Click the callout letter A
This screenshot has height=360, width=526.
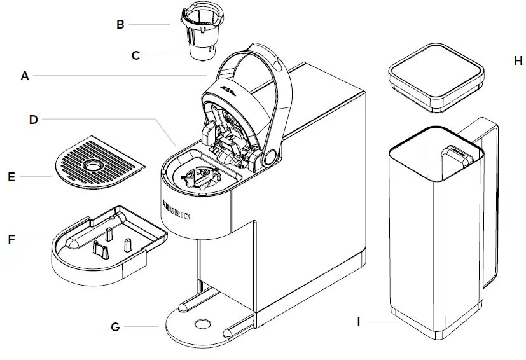click(25, 76)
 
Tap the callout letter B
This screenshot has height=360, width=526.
click(120, 25)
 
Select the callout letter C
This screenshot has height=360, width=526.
click(135, 55)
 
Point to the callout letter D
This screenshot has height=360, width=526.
click(34, 119)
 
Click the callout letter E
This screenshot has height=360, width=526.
click(11, 176)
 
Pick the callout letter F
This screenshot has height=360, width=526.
click(11, 239)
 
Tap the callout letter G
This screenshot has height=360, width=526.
click(115, 327)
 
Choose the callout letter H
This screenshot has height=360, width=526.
click(518, 60)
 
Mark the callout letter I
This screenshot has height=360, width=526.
click(359, 322)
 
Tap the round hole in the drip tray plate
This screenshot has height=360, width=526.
click(93, 165)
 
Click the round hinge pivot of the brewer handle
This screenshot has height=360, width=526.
click(270, 156)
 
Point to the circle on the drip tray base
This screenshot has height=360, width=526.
click(202, 323)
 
